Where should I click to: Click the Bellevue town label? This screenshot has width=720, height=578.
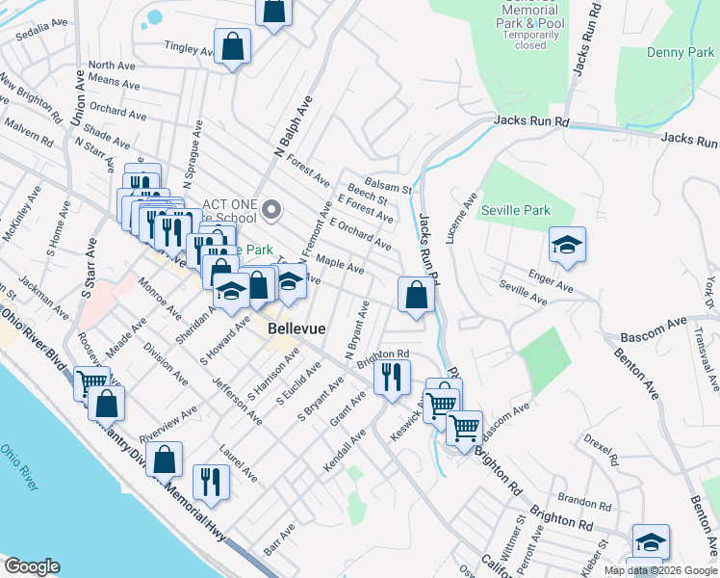pyautogui.click(x=296, y=328)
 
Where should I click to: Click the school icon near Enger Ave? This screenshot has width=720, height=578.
pyautogui.click(x=567, y=245)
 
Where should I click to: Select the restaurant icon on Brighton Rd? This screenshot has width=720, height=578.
pyautogui.click(x=392, y=376)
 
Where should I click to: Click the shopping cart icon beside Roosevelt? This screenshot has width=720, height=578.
pyautogui.click(x=90, y=381)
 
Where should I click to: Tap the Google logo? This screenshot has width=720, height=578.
pyautogui.click(x=33, y=566)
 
